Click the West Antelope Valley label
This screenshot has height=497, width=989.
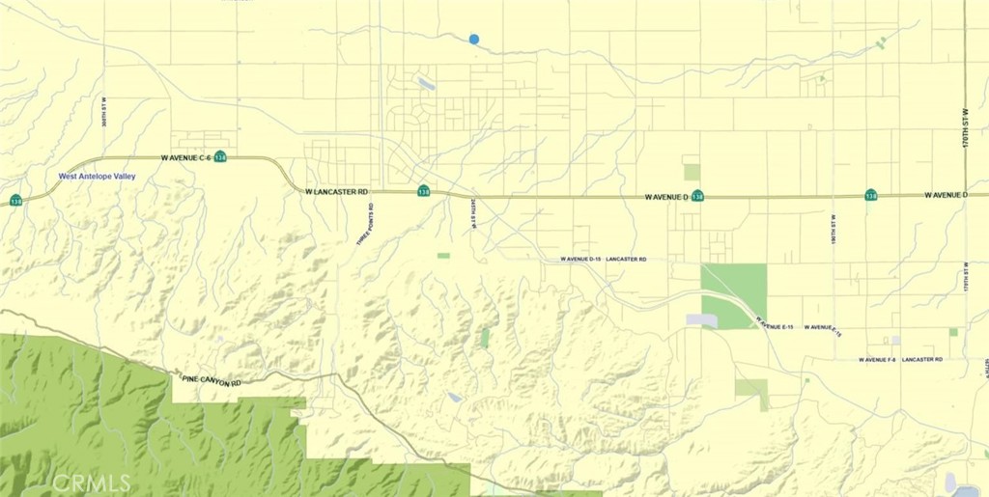click(x=98, y=177)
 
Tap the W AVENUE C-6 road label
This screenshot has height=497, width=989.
click(x=185, y=156)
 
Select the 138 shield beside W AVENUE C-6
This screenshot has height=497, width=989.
click(x=221, y=156)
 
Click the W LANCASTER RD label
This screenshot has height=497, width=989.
click(x=337, y=192)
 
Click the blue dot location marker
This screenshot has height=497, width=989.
click(x=473, y=39)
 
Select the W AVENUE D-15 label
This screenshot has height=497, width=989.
click(x=580, y=260)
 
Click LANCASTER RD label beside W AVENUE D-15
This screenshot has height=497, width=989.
click(x=627, y=260)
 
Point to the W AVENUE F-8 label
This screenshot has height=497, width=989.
click(x=878, y=360)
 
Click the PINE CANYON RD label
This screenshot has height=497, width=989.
click(x=212, y=382)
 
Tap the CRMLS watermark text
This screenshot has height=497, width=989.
click(x=92, y=482)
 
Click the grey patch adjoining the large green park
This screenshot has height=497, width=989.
click(x=702, y=319)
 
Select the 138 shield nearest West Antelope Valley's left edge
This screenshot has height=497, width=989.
click(x=16, y=201)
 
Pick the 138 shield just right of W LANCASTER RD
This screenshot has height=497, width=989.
click(x=423, y=191)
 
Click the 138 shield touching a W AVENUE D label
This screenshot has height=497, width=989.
click(x=696, y=196)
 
